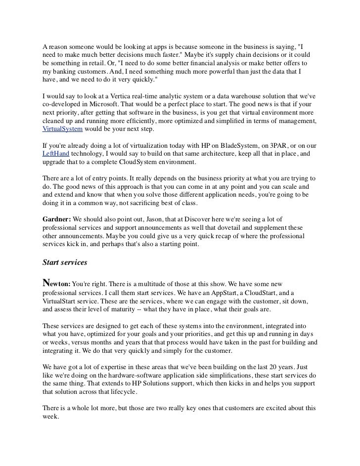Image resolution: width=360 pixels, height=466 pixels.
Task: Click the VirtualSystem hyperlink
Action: (62, 129)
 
